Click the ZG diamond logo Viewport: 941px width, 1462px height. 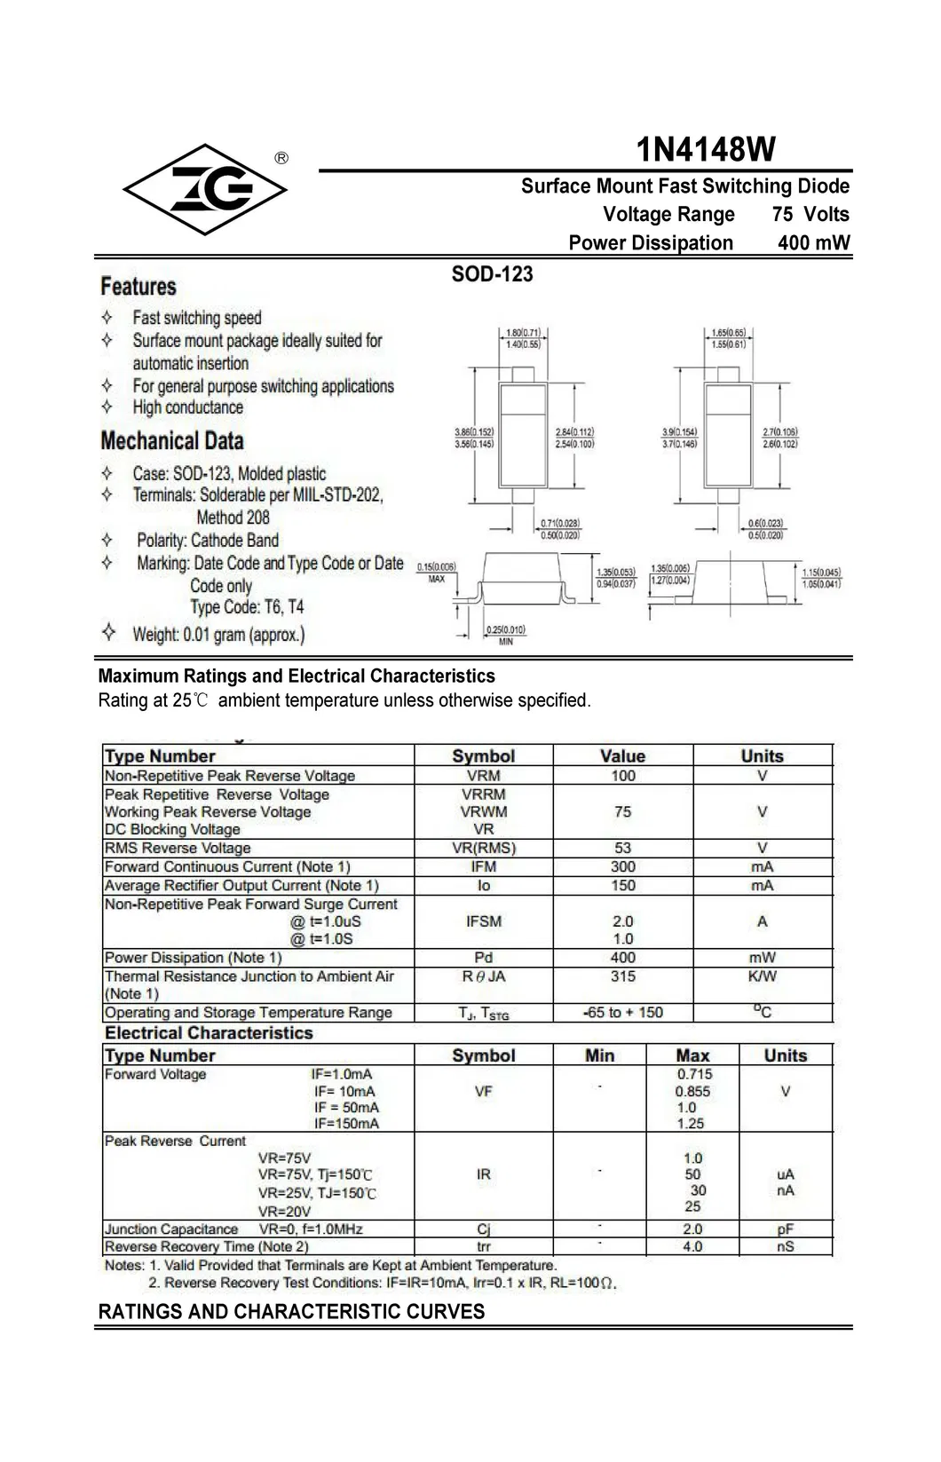coord(205,189)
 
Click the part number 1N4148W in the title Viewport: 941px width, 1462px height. coord(706,149)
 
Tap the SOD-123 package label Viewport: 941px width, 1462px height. coord(492,273)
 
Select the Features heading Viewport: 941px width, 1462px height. coord(138,287)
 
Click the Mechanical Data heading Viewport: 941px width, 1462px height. coord(171,440)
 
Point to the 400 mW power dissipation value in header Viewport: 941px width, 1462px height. coord(813,242)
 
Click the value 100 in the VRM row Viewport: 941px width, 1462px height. coord(623,776)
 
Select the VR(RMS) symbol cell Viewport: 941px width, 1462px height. coord(483,848)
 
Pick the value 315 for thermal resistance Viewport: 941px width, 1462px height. coord(623,976)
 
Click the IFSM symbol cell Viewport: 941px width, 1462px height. coord(483,921)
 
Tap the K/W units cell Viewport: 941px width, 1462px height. coord(762,976)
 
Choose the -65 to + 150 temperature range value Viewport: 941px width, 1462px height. coord(623,1013)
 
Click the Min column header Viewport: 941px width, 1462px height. coord(599,1055)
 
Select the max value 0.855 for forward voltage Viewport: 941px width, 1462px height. coord(692,1091)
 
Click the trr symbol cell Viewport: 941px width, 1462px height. coord(483,1246)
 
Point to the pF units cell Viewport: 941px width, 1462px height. coord(786,1229)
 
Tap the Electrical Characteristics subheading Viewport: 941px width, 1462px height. coord(209,1033)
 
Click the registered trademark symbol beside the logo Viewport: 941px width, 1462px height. coord(281,158)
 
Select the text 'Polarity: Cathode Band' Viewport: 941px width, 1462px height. coord(208,541)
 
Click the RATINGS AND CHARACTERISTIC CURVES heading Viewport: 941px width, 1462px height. coord(291,1311)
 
